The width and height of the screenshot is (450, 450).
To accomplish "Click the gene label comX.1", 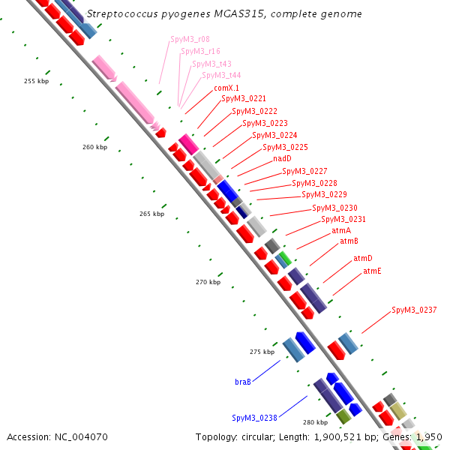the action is (x=226, y=88).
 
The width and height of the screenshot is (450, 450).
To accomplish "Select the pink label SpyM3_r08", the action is (x=190, y=39).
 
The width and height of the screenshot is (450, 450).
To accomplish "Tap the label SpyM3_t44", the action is (x=221, y=75).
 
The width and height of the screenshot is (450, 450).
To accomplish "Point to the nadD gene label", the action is (x=282, y=158).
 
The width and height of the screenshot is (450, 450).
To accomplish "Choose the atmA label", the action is (x=341, y=230).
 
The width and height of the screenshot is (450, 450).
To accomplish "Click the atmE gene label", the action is (x=372, y=271).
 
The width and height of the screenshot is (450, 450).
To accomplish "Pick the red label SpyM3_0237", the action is (x=414, y=310).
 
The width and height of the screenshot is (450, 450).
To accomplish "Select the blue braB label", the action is (x=243, y=382).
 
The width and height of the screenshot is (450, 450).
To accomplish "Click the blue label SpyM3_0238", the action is (x=254, y=418).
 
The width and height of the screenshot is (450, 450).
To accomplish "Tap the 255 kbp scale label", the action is (x=37, y=81).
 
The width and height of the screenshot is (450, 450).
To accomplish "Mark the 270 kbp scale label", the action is (x=208, y=282).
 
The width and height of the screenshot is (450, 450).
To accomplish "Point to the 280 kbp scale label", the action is (x=316, y=422).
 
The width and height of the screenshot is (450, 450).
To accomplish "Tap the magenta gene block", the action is (x=188, y=144).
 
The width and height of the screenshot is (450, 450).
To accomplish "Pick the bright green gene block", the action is (x=286, y=258).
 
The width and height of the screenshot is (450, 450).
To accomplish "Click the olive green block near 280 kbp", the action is (x=343, y=417).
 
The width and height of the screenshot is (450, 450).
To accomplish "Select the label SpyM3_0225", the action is (x=285, y=147).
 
